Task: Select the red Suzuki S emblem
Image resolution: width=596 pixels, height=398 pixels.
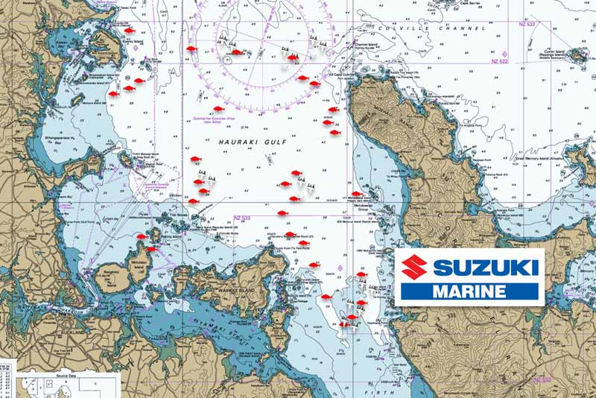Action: tap(413, 267)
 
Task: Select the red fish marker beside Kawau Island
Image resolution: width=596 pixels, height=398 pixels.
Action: tap(129, 31)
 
